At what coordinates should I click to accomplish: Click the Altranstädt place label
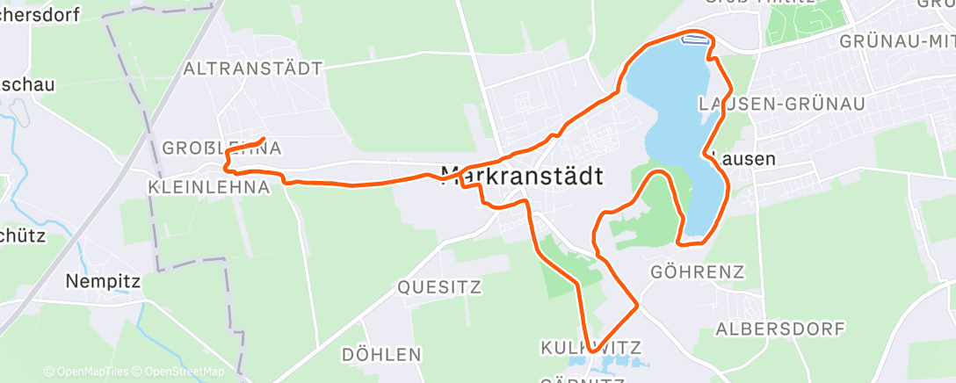pyautogui.click(x=252, y=68)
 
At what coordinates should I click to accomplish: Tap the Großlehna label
pyautogui.click(x=221, y=148)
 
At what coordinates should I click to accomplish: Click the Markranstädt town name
pyautogui.click(x=521, y=176)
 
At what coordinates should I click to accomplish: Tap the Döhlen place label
pyautogui.click(x=381, y=355)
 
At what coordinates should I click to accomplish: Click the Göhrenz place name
pyautogui.click(x=698, y=271)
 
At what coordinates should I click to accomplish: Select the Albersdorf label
pyautogui.click(x=780, y=329)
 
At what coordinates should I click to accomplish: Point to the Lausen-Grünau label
pyautogui.click(x=781, y=104)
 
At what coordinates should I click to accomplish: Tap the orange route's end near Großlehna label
pyautogui.click(x=265, y=139)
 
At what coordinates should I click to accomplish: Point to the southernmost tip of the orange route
pyautogui.click(x=591, y=350)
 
